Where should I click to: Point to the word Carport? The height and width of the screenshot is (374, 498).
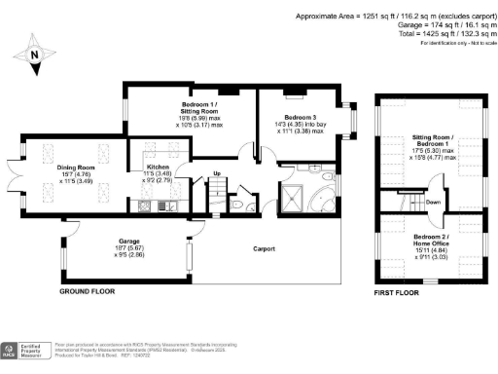click(252, 249)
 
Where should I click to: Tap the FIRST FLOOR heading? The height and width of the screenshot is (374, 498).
click(396, 292)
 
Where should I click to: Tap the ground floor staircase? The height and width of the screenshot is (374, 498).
click(217, 199)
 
